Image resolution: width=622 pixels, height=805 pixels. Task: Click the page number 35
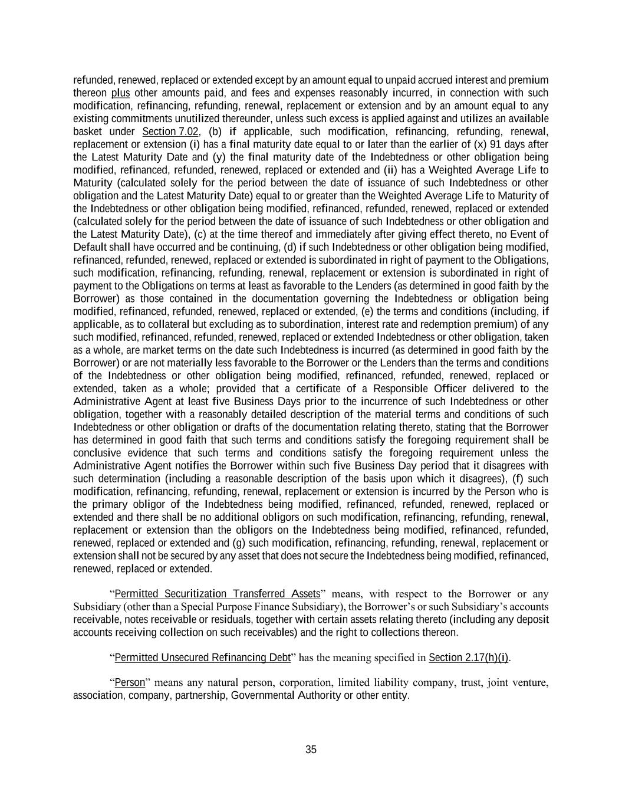point(311,750)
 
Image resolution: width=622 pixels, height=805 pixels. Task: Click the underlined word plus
point(120,93)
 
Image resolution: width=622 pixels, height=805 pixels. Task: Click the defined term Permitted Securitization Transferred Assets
point(217,593)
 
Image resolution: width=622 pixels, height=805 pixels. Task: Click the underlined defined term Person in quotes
point(130,682)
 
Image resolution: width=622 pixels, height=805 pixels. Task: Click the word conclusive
point(97,453)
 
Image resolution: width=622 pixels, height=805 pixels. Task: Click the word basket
point(88,132)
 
